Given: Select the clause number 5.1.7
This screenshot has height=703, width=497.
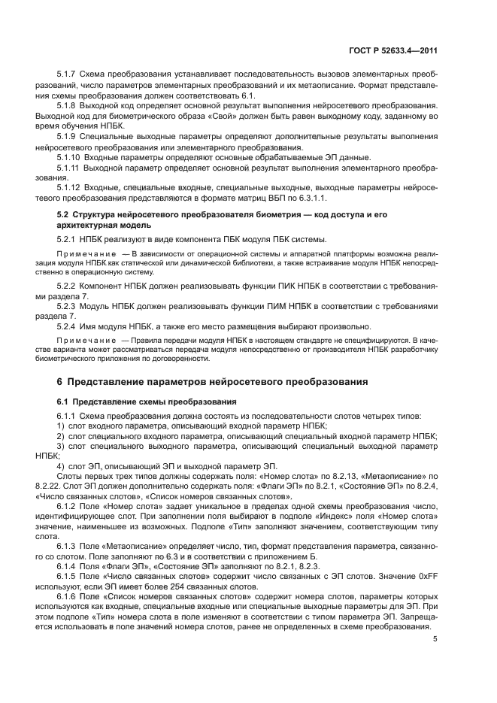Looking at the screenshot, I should (x=67, y=77).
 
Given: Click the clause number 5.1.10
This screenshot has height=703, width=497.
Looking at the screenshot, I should (x=69, y=156).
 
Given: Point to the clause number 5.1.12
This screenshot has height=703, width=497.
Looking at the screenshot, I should (x=69, y=186).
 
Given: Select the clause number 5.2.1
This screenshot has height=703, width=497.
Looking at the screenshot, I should (x=67, y=240).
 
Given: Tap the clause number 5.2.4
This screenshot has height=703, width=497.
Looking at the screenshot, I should (x=67, y=326).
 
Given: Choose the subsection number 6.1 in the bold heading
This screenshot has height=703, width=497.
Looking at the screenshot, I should (x=62, y=401).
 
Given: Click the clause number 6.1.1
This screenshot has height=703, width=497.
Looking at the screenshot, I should (x=67, y=416).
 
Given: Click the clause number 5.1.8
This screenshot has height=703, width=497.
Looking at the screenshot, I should (x=67, y=107).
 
